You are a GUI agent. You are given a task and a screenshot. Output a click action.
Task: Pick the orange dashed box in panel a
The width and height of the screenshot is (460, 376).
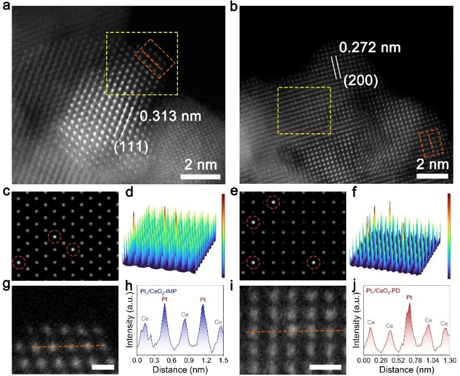(155, 58)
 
